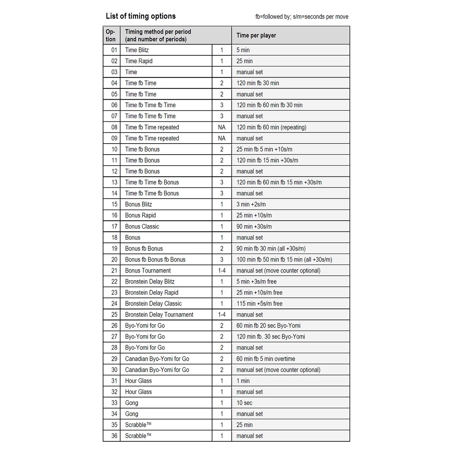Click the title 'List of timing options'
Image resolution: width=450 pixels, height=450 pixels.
(x=140, y=16)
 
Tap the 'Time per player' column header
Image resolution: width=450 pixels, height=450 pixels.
(x=256, y=35)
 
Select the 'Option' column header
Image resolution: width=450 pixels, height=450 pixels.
(x=111, y=35)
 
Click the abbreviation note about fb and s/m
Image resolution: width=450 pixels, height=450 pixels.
(x=302, y=17)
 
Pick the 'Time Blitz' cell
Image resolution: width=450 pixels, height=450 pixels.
(x=137, y=50)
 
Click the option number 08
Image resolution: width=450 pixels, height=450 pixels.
(x=114, y=127)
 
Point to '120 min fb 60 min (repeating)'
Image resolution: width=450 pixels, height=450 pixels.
(x=271, y=127)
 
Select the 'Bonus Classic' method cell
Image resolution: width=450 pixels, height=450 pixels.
(x=142, y=227)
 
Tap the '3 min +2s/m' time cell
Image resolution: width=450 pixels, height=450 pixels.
(x=251, y=204)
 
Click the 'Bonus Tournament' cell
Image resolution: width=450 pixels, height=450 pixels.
(x=148, y=270)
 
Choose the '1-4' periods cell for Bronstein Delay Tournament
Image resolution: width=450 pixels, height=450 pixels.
(x=222, y=315)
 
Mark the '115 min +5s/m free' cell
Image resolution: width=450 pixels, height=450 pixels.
(x=259, y=304)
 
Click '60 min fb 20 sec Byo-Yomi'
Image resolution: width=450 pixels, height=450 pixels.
(x=268, y=325)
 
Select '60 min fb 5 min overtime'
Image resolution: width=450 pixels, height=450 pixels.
(x=266, y=359)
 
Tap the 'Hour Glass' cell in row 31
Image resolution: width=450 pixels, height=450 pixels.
(x=138, y=381)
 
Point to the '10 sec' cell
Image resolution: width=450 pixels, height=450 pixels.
(x=244, y=403)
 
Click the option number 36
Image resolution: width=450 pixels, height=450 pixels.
(x=114, y=436)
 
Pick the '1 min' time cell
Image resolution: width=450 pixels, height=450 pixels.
(x=243, y=381)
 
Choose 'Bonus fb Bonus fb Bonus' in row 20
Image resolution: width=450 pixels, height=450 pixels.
(x=155, y=259)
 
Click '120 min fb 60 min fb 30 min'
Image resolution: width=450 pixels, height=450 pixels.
(x=269, y=105)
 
